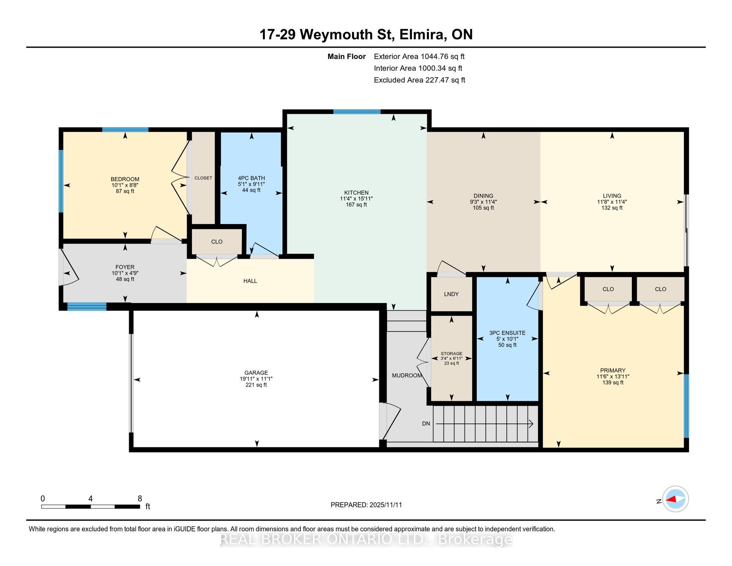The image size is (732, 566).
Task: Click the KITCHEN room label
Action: point(356,193)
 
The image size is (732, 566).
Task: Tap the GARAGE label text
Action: point(256,373)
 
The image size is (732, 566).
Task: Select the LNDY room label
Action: point(451,294)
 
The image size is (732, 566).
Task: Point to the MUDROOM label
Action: point(407,375)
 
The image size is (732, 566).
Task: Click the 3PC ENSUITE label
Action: point(507,333)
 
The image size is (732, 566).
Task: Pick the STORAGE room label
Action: point(451,354)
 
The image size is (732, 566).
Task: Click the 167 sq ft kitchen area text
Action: point(356,205)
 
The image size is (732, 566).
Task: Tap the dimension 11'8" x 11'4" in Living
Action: point(612,202)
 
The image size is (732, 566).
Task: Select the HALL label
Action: point(250,281)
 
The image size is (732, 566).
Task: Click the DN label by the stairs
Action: point(426,424)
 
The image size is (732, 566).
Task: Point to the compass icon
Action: point(675,499)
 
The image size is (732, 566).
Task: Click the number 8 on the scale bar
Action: point(140,499)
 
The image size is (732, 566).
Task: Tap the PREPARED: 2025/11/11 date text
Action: point(366,505)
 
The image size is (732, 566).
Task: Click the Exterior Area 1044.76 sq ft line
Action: point(419,56)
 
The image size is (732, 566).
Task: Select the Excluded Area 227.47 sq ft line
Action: point(419,80)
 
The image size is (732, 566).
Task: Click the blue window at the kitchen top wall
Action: point(357,112)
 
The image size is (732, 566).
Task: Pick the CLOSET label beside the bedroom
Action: point(203,178)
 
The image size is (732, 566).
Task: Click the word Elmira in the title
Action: point(421,34)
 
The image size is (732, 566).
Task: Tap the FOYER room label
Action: point(125,267)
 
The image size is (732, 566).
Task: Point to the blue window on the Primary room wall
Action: point(686,406)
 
